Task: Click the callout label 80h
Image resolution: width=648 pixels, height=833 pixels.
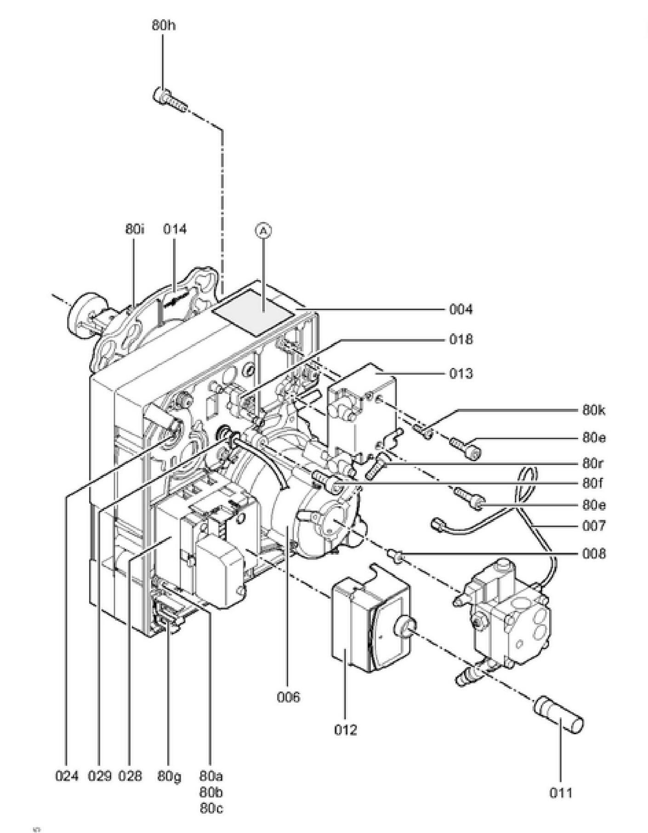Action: [x=164, y=25]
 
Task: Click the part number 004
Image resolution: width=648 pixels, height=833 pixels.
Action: [x=460, y=309]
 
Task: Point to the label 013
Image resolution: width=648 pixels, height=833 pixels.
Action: [x=460, y=373]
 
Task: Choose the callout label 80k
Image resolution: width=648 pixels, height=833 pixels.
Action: [x=594, y=410]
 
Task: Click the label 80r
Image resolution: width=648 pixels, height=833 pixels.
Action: [x=593, y=463]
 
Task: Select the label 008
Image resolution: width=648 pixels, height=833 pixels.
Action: [x=594, y=554]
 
